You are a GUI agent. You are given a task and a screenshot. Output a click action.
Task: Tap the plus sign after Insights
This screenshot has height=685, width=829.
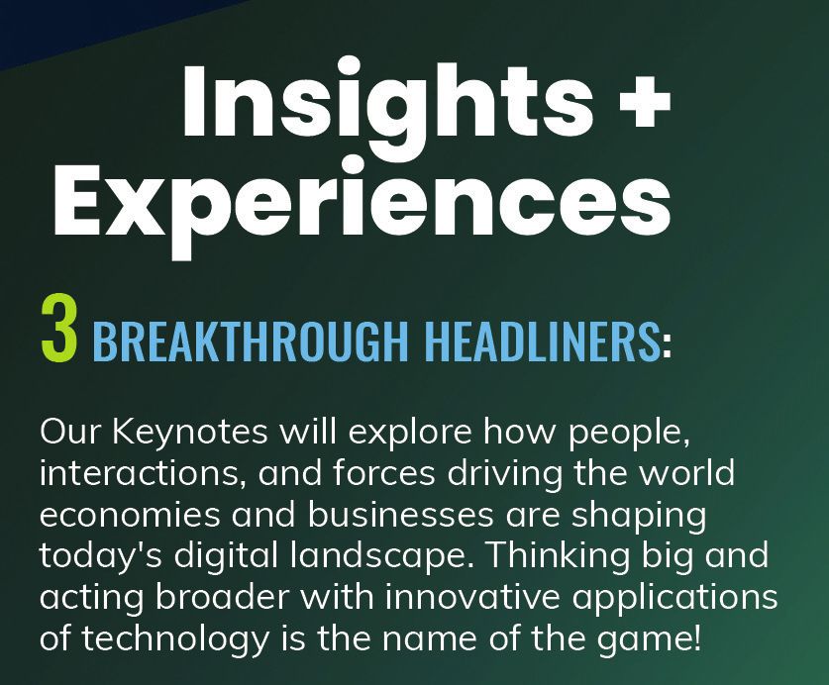point(644,102)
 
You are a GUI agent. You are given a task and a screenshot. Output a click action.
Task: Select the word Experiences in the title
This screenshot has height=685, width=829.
point(363,205)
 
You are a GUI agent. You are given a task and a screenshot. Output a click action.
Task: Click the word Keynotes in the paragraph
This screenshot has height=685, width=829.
point(190,433)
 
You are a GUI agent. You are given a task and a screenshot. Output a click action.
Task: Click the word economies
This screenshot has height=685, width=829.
point(130,515)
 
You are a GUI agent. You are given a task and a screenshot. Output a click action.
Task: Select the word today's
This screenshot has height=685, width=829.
point(100,556)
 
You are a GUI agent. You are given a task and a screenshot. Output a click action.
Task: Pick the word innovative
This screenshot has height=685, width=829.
point(472,597)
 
